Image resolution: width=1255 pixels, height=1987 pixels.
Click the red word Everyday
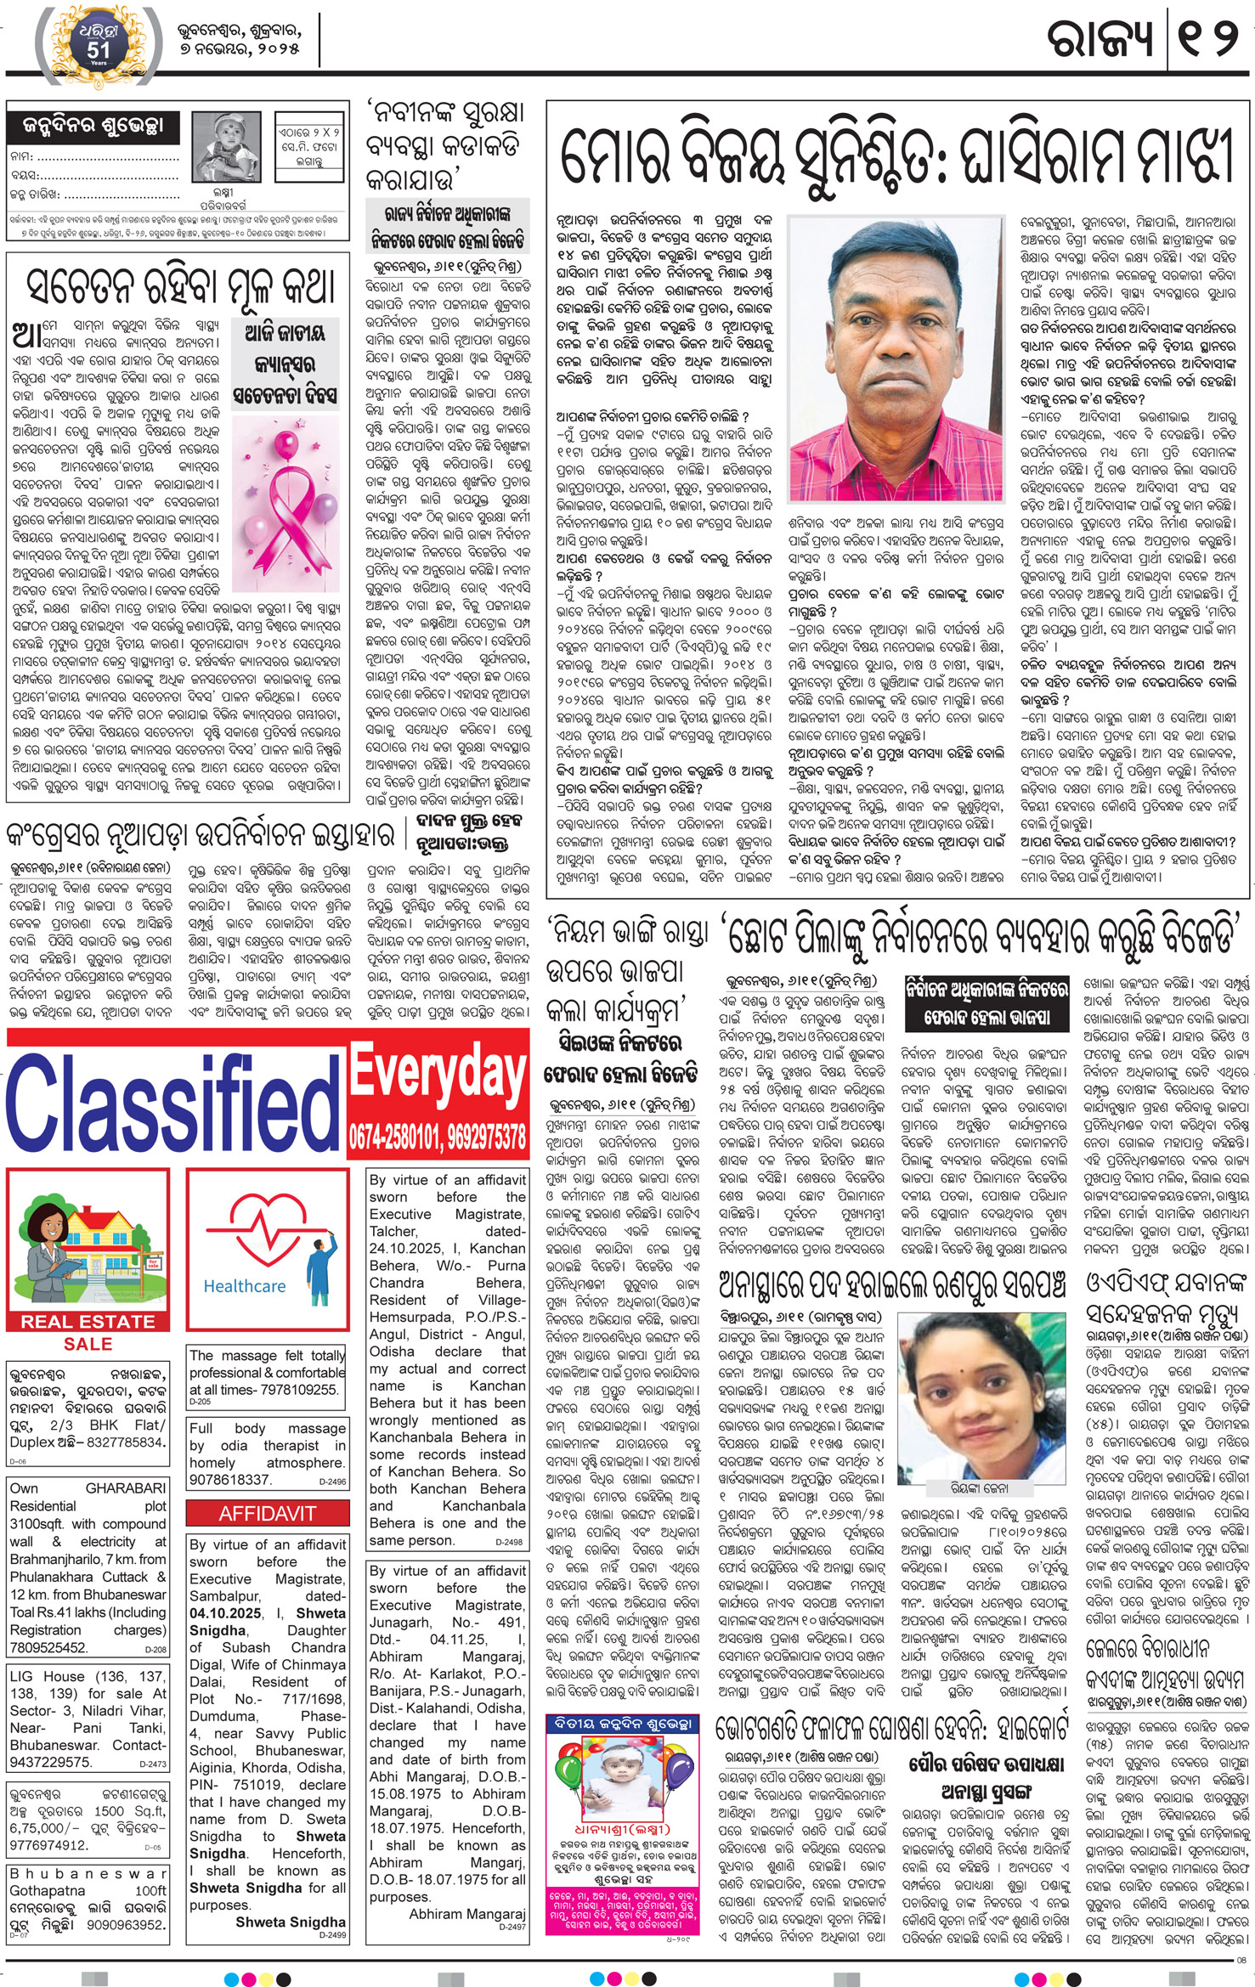coord(438,1075)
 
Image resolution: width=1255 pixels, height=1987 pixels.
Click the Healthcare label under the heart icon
coord(245,1286)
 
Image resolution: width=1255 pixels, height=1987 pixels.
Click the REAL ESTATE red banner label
coord(88,1322)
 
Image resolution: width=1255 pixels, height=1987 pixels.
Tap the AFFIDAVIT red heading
coord(267,1514)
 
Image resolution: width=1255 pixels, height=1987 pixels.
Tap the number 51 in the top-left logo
coord(98,50)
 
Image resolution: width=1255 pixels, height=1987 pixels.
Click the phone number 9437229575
coord(50,1738)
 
